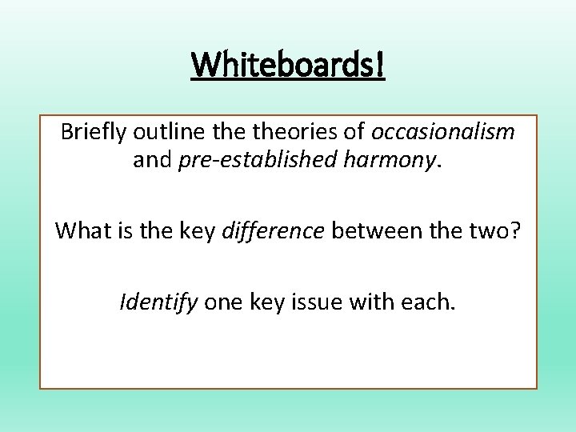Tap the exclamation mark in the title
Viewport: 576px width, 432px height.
379,66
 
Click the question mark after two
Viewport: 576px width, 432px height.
514,231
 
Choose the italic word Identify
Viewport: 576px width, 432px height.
158,302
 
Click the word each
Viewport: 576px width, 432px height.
427,302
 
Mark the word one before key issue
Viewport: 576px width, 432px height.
222,302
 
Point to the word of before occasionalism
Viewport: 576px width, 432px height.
353,132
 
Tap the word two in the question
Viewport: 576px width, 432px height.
490,231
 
